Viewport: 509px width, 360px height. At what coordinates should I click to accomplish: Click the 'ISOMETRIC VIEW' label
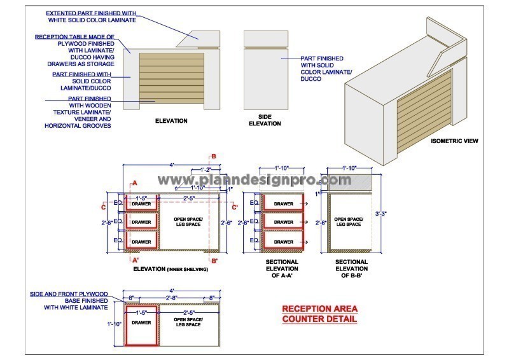coord(454,141)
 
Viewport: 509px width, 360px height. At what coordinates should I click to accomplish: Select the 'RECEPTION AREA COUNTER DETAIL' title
coord(319,314)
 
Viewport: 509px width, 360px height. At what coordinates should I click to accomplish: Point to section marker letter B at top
coord(214,156)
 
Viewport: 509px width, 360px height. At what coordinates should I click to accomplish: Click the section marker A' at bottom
coord(134,260)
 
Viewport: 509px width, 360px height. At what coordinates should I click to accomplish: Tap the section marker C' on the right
coord(235,206)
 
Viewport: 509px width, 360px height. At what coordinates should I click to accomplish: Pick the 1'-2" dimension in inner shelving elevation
coord(206,170)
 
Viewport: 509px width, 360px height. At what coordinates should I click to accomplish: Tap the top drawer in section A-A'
coord(284,204)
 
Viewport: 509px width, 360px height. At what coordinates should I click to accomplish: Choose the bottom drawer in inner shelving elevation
coord(142,242)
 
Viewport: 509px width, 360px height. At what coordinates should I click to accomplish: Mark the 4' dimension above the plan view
coord(172,291)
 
